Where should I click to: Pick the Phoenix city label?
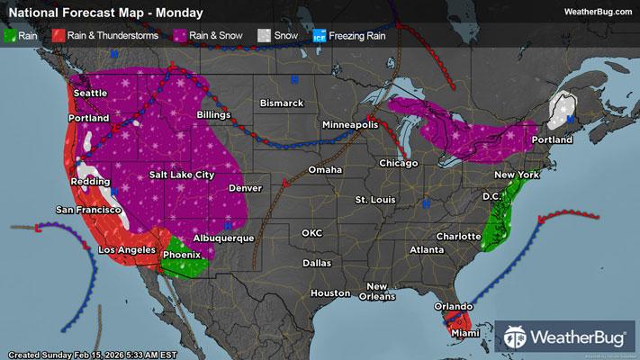(181, 255)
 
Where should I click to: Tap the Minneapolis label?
(351, 124)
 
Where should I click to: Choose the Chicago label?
(399, 163)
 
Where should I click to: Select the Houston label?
(329, 293)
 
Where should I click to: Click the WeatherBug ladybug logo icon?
(516, 337)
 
